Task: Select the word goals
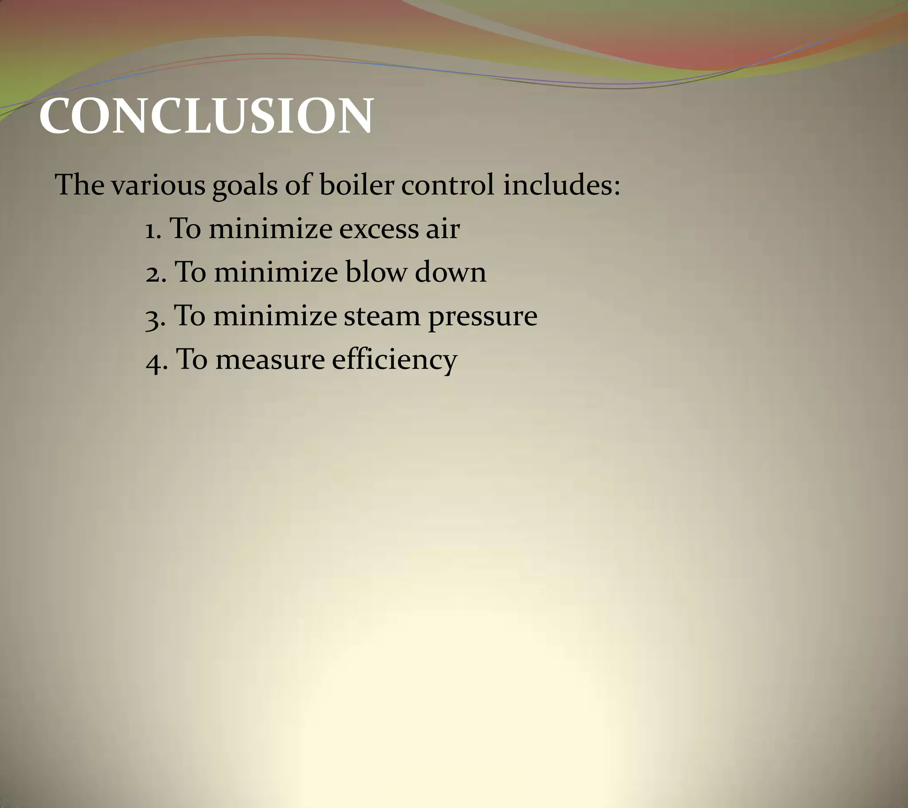(245, 186)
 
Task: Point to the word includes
(561, 184)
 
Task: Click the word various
(158, 186)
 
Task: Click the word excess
(379, 229)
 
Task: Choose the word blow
(376, 272)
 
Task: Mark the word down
(450, 272)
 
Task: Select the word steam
(382, 316)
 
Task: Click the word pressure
(483, 318)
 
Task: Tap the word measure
(270, 360)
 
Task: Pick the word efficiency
(395, 360)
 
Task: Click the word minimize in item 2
(276, 272)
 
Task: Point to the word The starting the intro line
(79, 184)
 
